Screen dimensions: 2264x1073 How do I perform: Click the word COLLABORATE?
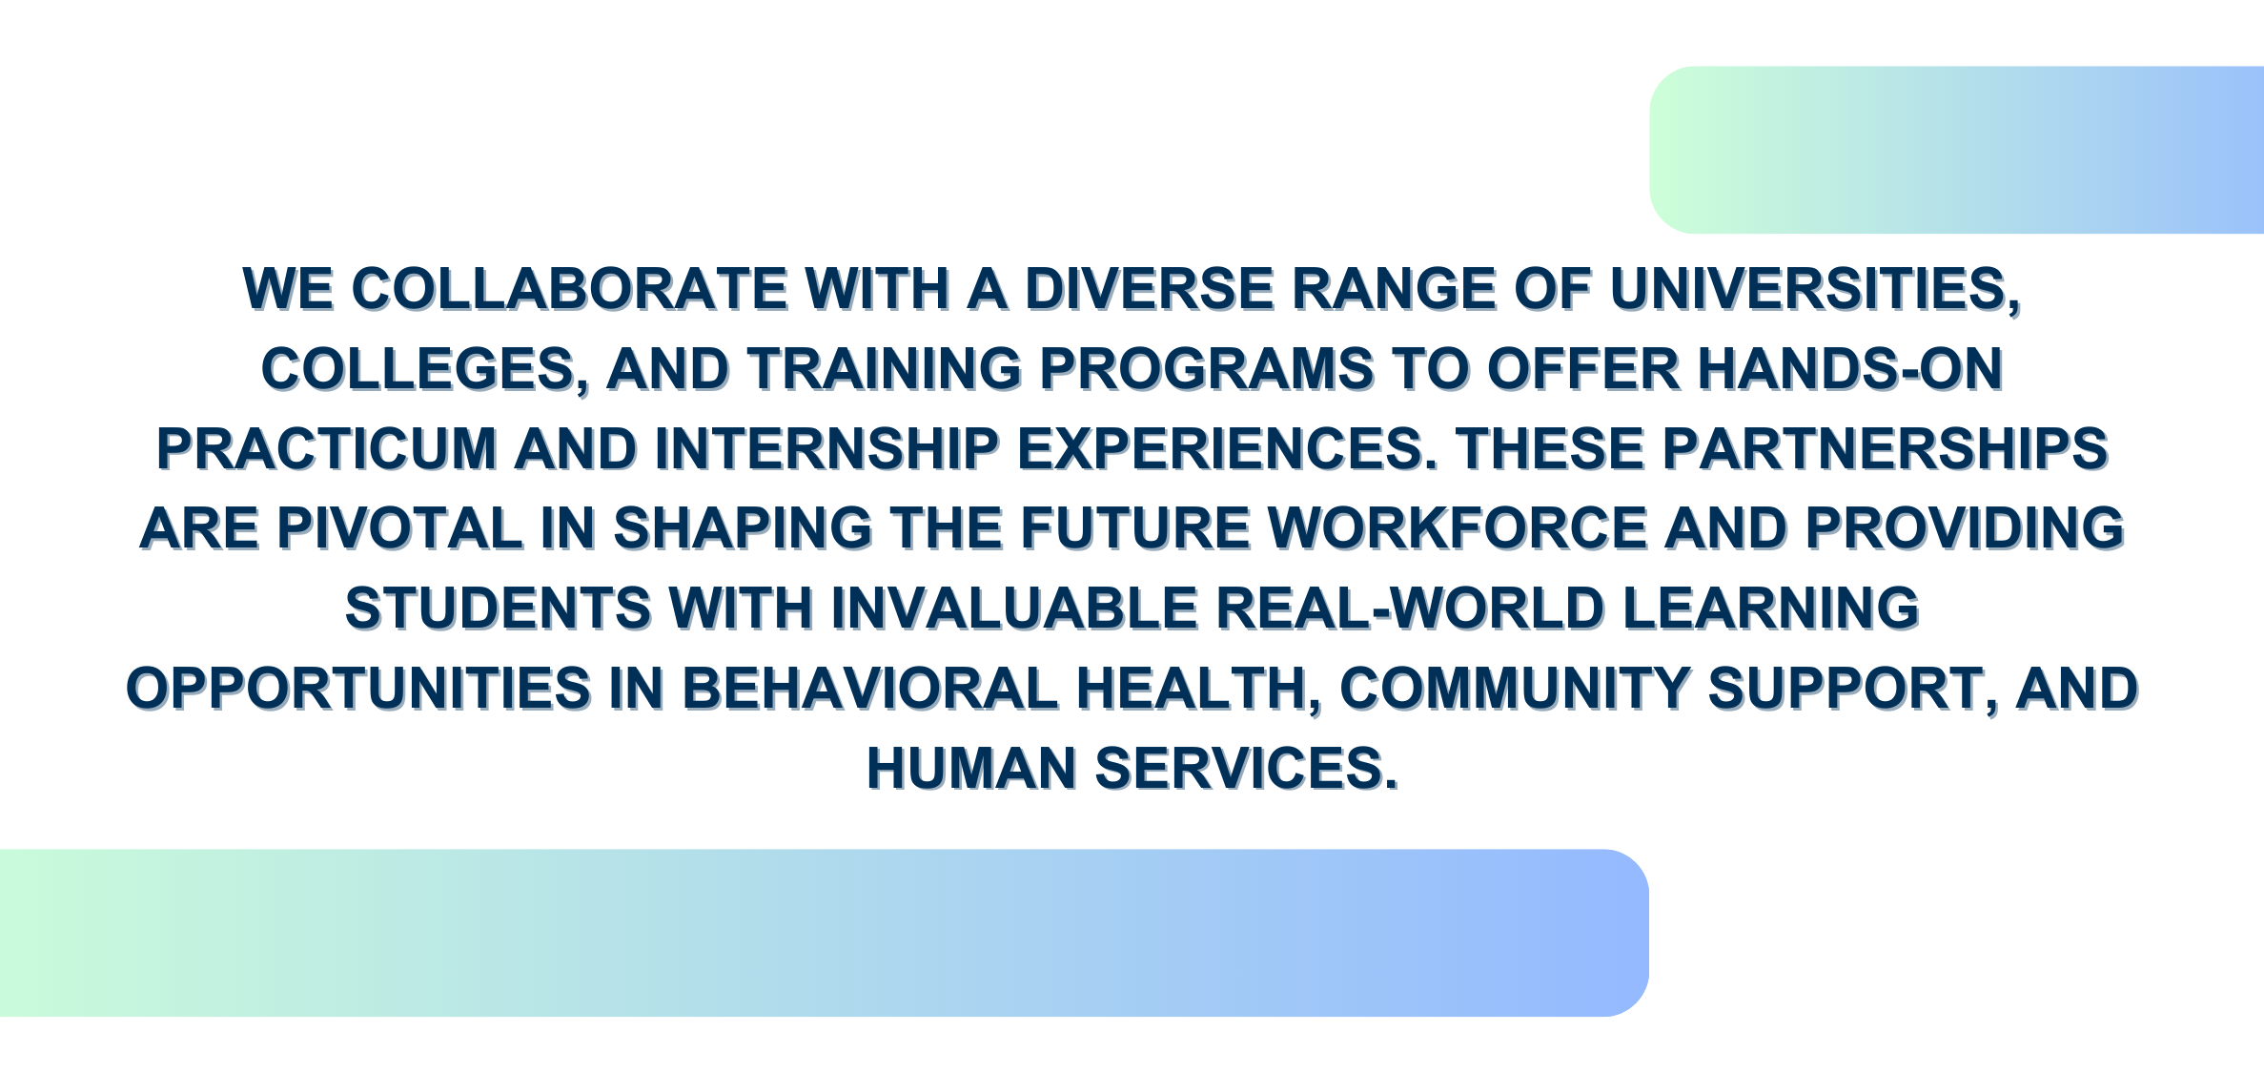pyautogui.click(x=570, y=289)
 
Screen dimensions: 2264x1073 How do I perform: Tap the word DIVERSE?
pyautogui.click(x=1149, y=289)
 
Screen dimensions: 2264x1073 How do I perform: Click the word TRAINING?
pyautogui.click(x=884, y=369)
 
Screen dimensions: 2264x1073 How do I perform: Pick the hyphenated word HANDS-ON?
pyautogui.click(x=1850, y=369)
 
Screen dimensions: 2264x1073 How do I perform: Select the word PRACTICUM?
pyautogui.click(x=327, y=449)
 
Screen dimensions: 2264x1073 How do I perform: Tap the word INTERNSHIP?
pyautogui.click(x=826, y=449)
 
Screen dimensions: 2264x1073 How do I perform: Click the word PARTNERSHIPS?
pyautogui.click(x=1886, y=449)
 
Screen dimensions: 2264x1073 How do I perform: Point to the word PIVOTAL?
pyautogui.click(x=399, y=529)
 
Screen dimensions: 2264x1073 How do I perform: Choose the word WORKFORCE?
pyautogui.click(x=1458, y=529)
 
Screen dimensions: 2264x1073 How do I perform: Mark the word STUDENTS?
pyautogui.click(x=498, y=609)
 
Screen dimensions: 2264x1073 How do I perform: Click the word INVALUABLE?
pyautogui.click(x=1014, y=609)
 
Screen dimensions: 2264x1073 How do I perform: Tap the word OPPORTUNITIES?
pyautogui.click(x=358, y=690)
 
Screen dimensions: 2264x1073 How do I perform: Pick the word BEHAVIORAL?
pyautogui.click(x=870, y=690)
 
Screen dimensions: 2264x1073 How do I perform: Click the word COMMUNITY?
pyautogui.click(x=1515, y=690)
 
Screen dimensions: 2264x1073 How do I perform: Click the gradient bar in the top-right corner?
pyautogui.click(x=1957, y=150)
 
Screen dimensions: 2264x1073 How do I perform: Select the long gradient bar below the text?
pyautogui.click(x=825, y=933)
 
